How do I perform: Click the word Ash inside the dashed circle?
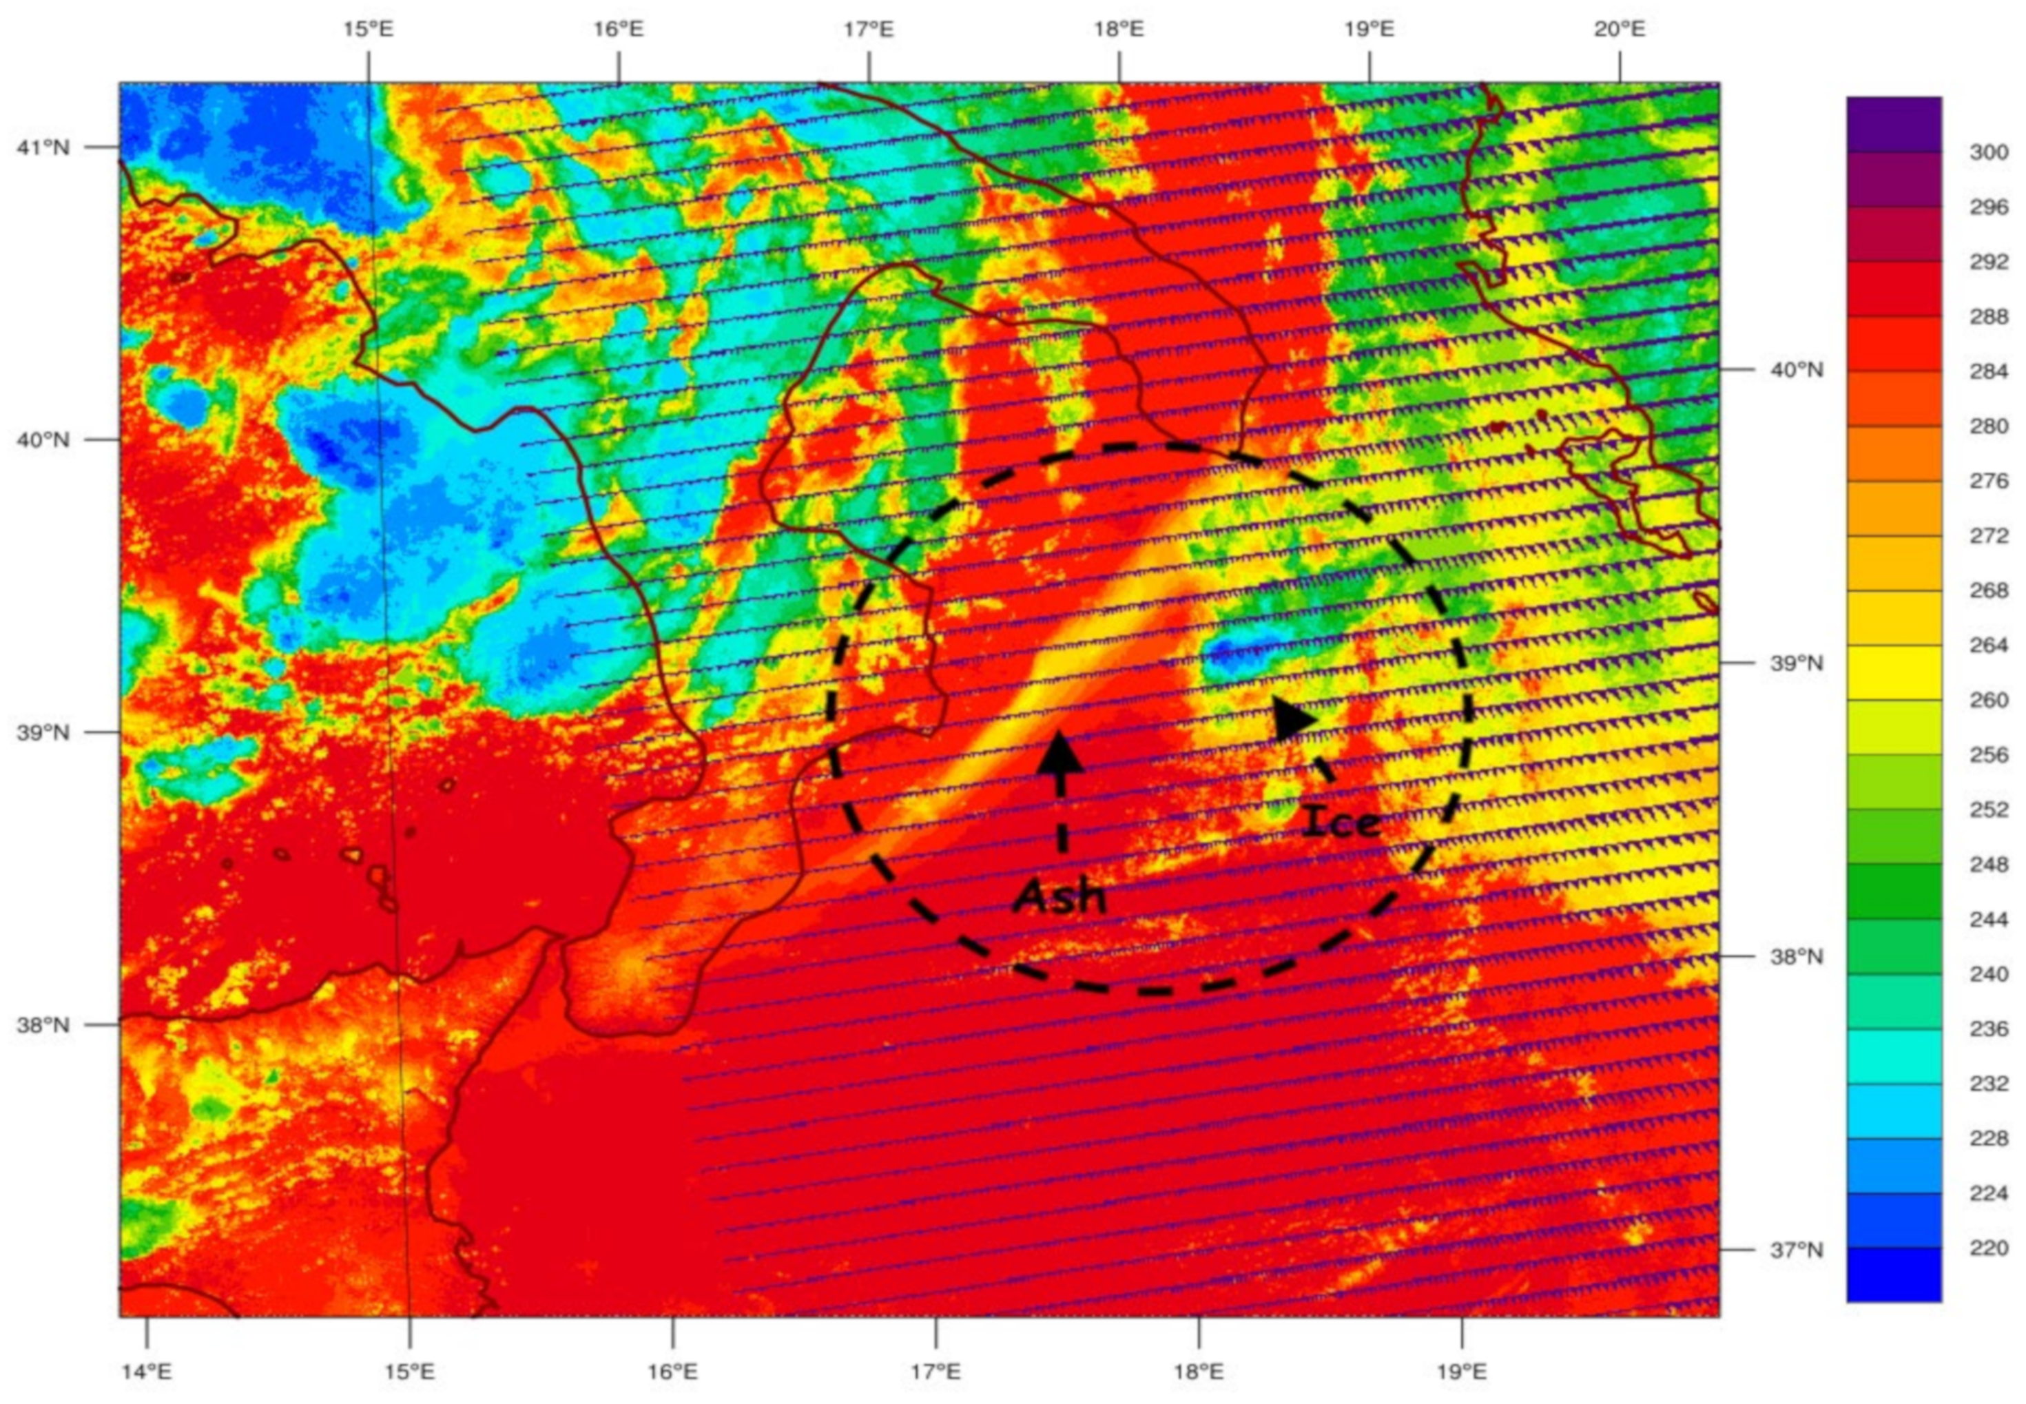1059,896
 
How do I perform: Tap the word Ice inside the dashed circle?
1341,823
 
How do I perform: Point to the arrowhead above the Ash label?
1060,752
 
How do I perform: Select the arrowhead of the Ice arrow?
1292,718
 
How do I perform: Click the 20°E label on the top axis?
1619,29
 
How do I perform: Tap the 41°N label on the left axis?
42,147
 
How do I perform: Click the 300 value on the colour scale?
1988,152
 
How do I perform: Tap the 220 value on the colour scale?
1988,1248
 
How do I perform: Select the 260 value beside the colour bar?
1988,700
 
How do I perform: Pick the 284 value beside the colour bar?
1988,371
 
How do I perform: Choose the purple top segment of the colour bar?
1893,124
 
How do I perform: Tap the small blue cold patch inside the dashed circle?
1241,655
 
